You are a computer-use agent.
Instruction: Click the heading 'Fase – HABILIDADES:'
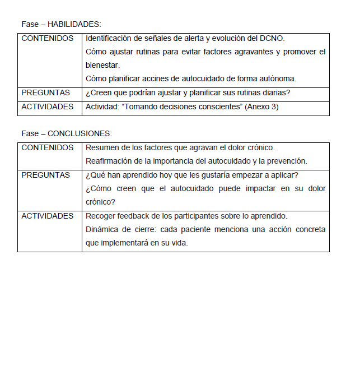click(x=61, y=25)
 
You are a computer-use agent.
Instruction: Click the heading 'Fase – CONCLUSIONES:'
click(x=67, y=133)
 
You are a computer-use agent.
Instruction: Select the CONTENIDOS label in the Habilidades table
click(x=47, y=39)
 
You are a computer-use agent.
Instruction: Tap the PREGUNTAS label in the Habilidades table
click(x=46, y=92)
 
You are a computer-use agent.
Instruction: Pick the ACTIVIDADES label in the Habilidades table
click(x=47, y=107)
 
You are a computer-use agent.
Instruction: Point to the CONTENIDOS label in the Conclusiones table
click(x=47, y=148)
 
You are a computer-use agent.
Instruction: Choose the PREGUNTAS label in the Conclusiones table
click(x=46, y=175)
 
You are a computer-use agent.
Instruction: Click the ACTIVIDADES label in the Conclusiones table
click(x=47, y=216)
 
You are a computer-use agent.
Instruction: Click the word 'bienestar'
click(x=102, y=66)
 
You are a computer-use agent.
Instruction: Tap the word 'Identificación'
click(x=109, y=39)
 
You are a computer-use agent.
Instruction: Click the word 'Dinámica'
click(x=101, y=229)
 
